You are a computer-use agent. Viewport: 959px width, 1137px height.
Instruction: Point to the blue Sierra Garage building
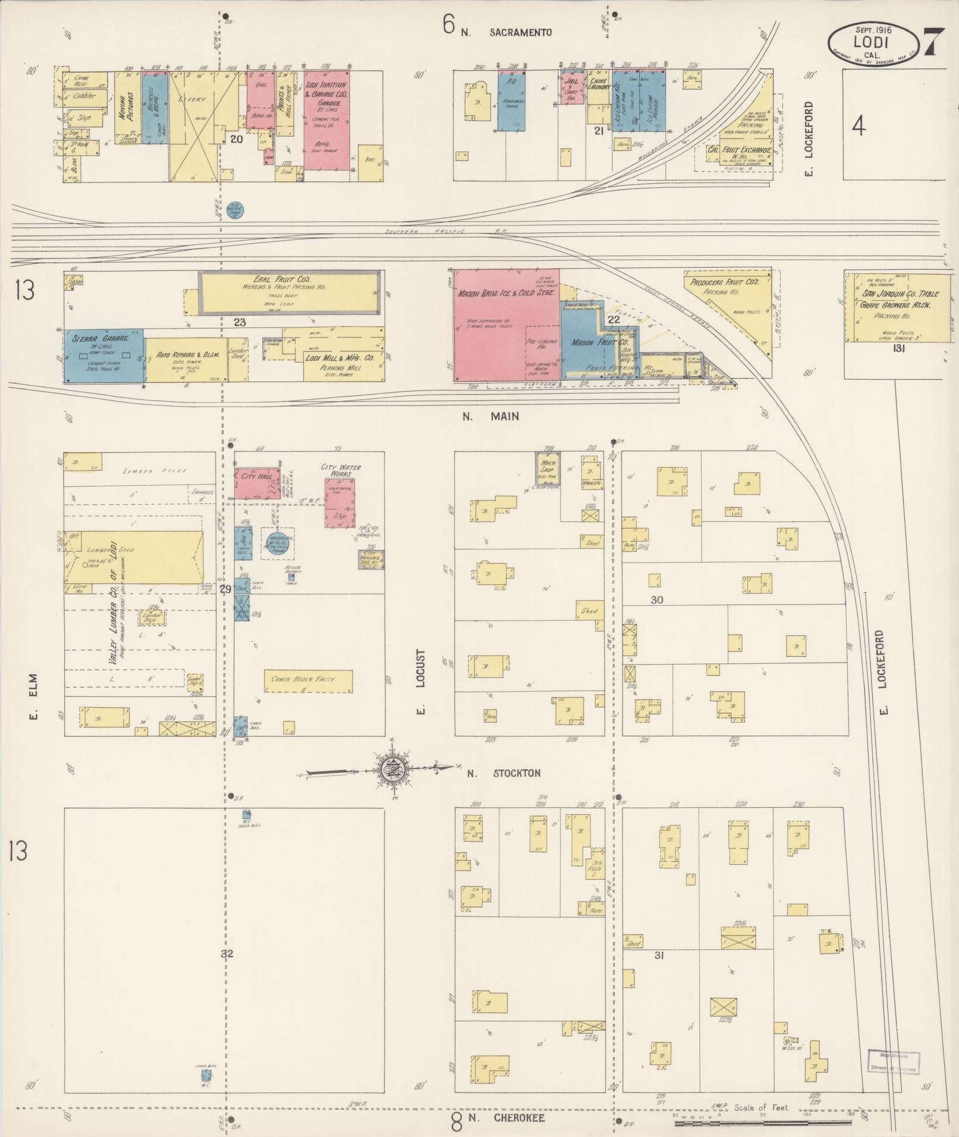[104, 355]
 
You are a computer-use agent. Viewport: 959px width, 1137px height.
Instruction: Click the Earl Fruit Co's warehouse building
[289, 292]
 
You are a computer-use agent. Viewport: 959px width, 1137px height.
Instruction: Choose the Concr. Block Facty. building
[308, 681]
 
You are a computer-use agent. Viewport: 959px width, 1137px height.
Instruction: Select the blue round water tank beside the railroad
[235, 209]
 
